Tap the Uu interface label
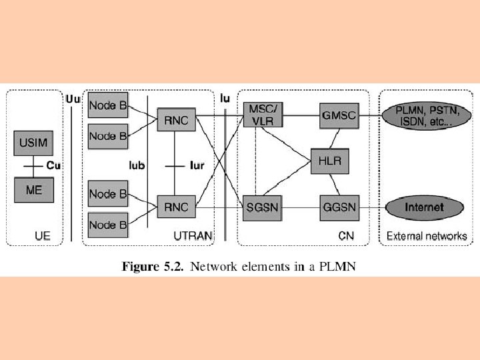coord(73,99)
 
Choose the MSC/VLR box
coord(263,114)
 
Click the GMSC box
coord(339,115)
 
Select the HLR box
coord(330,161)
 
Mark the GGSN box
coord(339,207)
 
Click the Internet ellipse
coord(424,207)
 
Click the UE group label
coord(43,235)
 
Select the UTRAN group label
coord(192,235)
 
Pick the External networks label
coord(427,235)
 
